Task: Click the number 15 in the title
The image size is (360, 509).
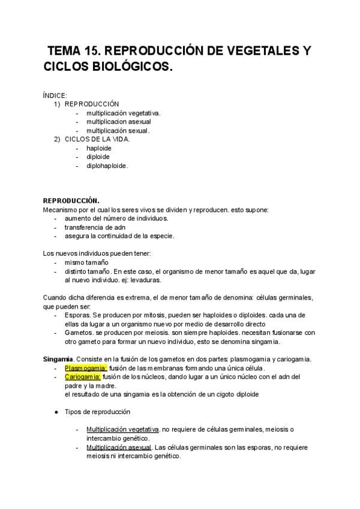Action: [x=97, y=50]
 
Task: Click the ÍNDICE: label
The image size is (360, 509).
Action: [x=55, y=95]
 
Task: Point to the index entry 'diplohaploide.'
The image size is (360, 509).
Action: [x=107, y=166]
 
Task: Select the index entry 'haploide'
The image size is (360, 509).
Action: [x=98, y=148]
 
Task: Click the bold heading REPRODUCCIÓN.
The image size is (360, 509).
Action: [x=71, y=201]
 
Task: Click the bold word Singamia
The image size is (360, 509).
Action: [x=58, y=359]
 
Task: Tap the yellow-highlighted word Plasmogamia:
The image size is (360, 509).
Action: [x=86, y=368]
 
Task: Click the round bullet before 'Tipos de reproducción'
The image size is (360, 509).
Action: [x=56, y=412]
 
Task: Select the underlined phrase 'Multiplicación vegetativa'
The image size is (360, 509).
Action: [x=122, y=430]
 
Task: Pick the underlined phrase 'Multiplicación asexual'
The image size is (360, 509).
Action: [x=119, y=447]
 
